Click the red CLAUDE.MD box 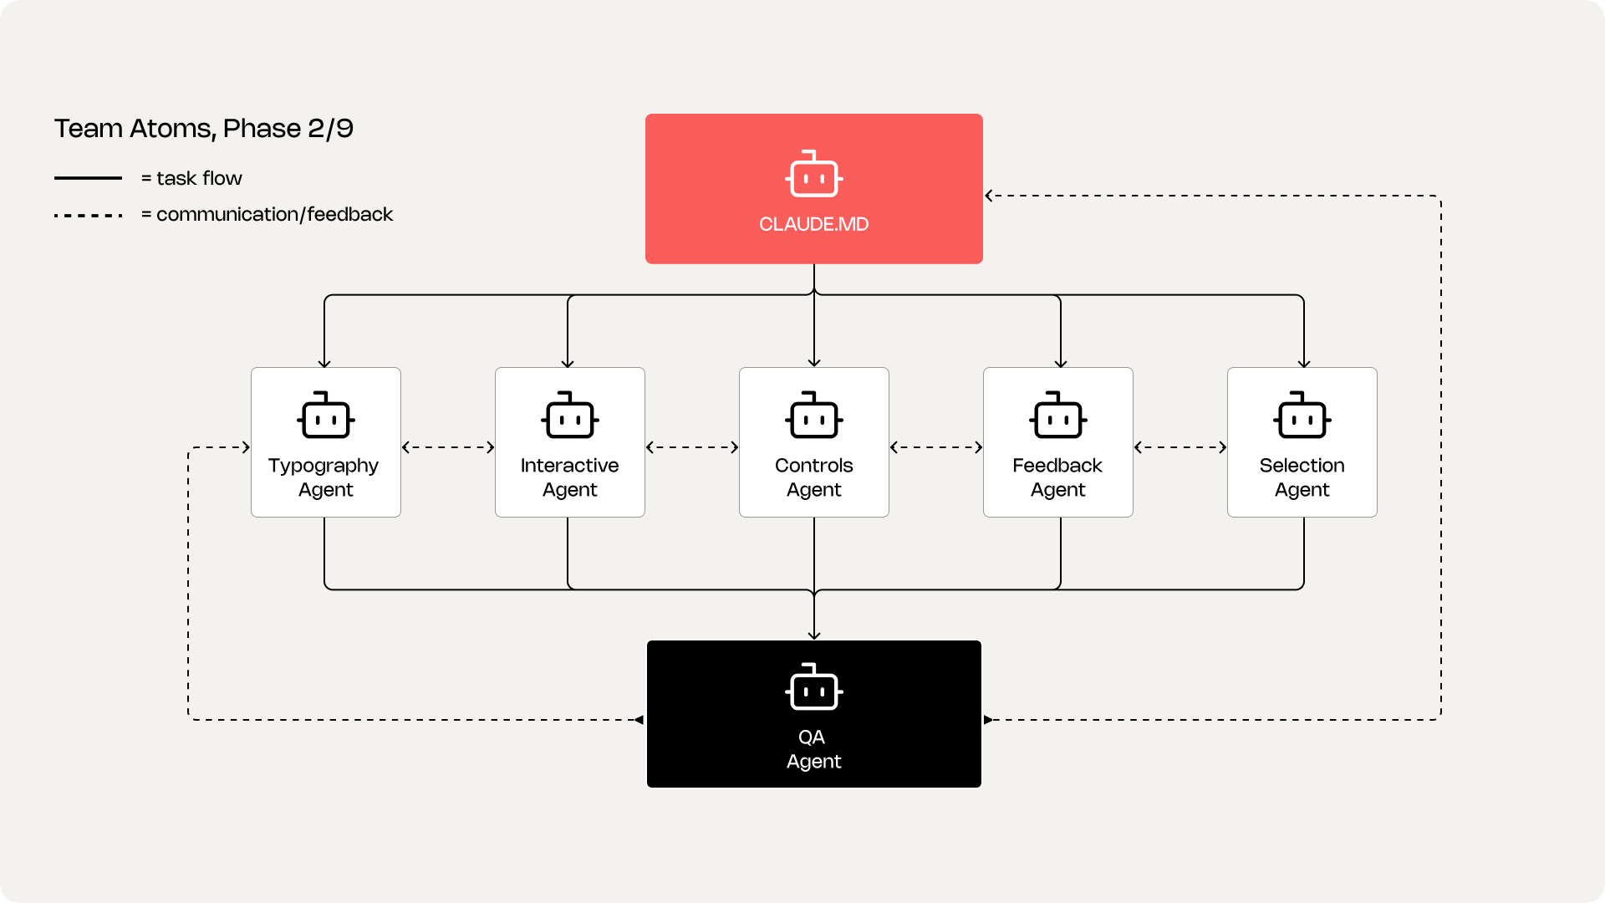(x=813, y=189)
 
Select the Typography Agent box (x=326, y=442)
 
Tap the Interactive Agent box (x=570, y=442)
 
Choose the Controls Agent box (x=814, y=442)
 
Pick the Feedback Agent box (x=1058, y=442)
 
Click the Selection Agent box (x=1302, y=442)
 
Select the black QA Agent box (x=814, y=714)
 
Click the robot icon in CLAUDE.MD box (x=814, y=174)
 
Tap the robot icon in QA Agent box (x=814, y=687)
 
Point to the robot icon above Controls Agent (x=814, y=415)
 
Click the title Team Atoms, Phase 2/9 (x=204, y=129)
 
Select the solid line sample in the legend (x=88, y=178)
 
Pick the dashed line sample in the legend (x=88, y=216)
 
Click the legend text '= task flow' (x=191, y=178)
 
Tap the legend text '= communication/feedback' (x=267, y=214)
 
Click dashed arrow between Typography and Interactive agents (x=448, y=447)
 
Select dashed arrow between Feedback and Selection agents (x=1180, y=447)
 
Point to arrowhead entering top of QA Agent (x=814, y=635)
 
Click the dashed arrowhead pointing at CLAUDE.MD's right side (x=989, y=196)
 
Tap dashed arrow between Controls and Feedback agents (x=936, y=447)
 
